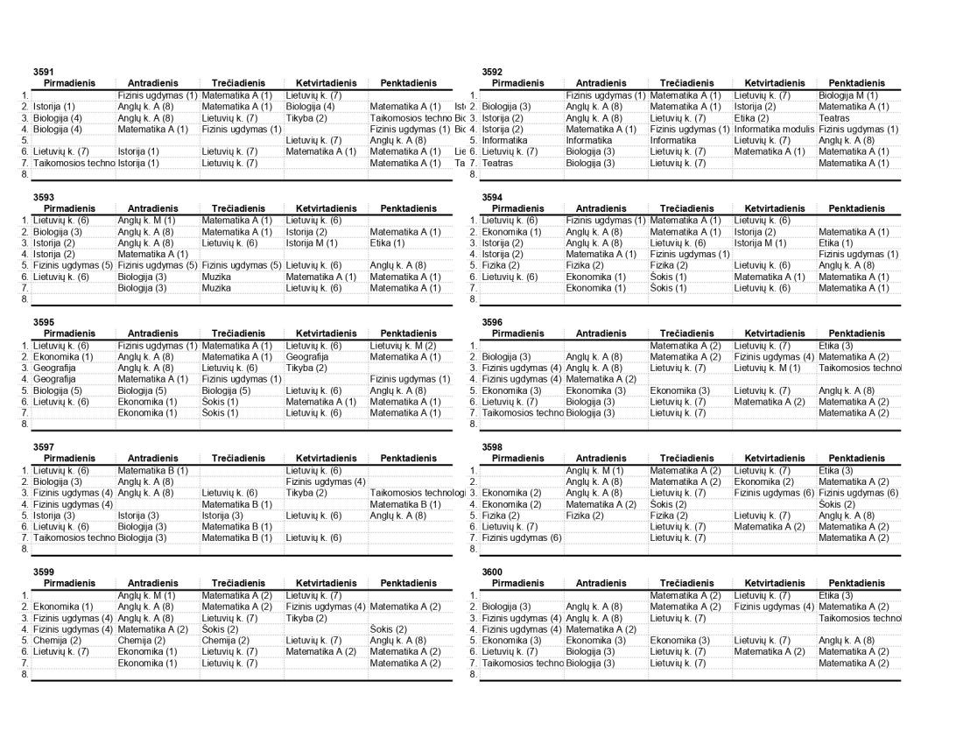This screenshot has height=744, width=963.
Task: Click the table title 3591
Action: point(44,72)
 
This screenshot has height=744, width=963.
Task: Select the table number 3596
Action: point(492,322)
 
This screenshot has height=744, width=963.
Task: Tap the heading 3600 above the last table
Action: point(492,572)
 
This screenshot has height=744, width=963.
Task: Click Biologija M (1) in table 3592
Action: point(847,95)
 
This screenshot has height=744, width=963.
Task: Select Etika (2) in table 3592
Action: point(751,118)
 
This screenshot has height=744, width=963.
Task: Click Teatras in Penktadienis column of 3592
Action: point(833,118)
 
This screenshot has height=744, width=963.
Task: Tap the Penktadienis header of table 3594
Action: point(856,209)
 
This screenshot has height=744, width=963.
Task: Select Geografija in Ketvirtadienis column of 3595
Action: point(306,357)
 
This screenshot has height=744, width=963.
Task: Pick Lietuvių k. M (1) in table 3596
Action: point(768,368)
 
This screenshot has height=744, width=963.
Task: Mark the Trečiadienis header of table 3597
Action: point(238,459)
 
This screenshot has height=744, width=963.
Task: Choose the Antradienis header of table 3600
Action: point(601,583)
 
